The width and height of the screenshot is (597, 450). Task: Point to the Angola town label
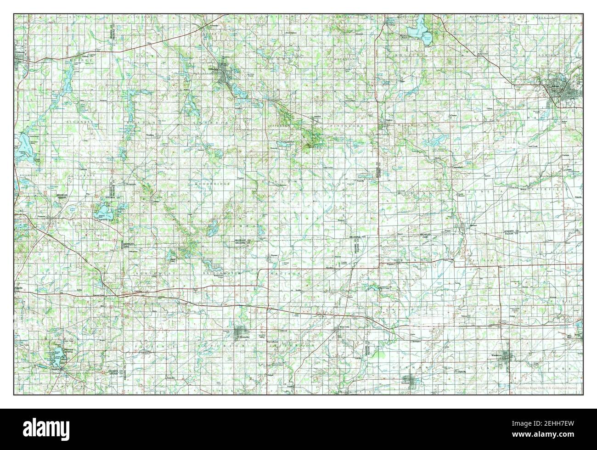19,288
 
